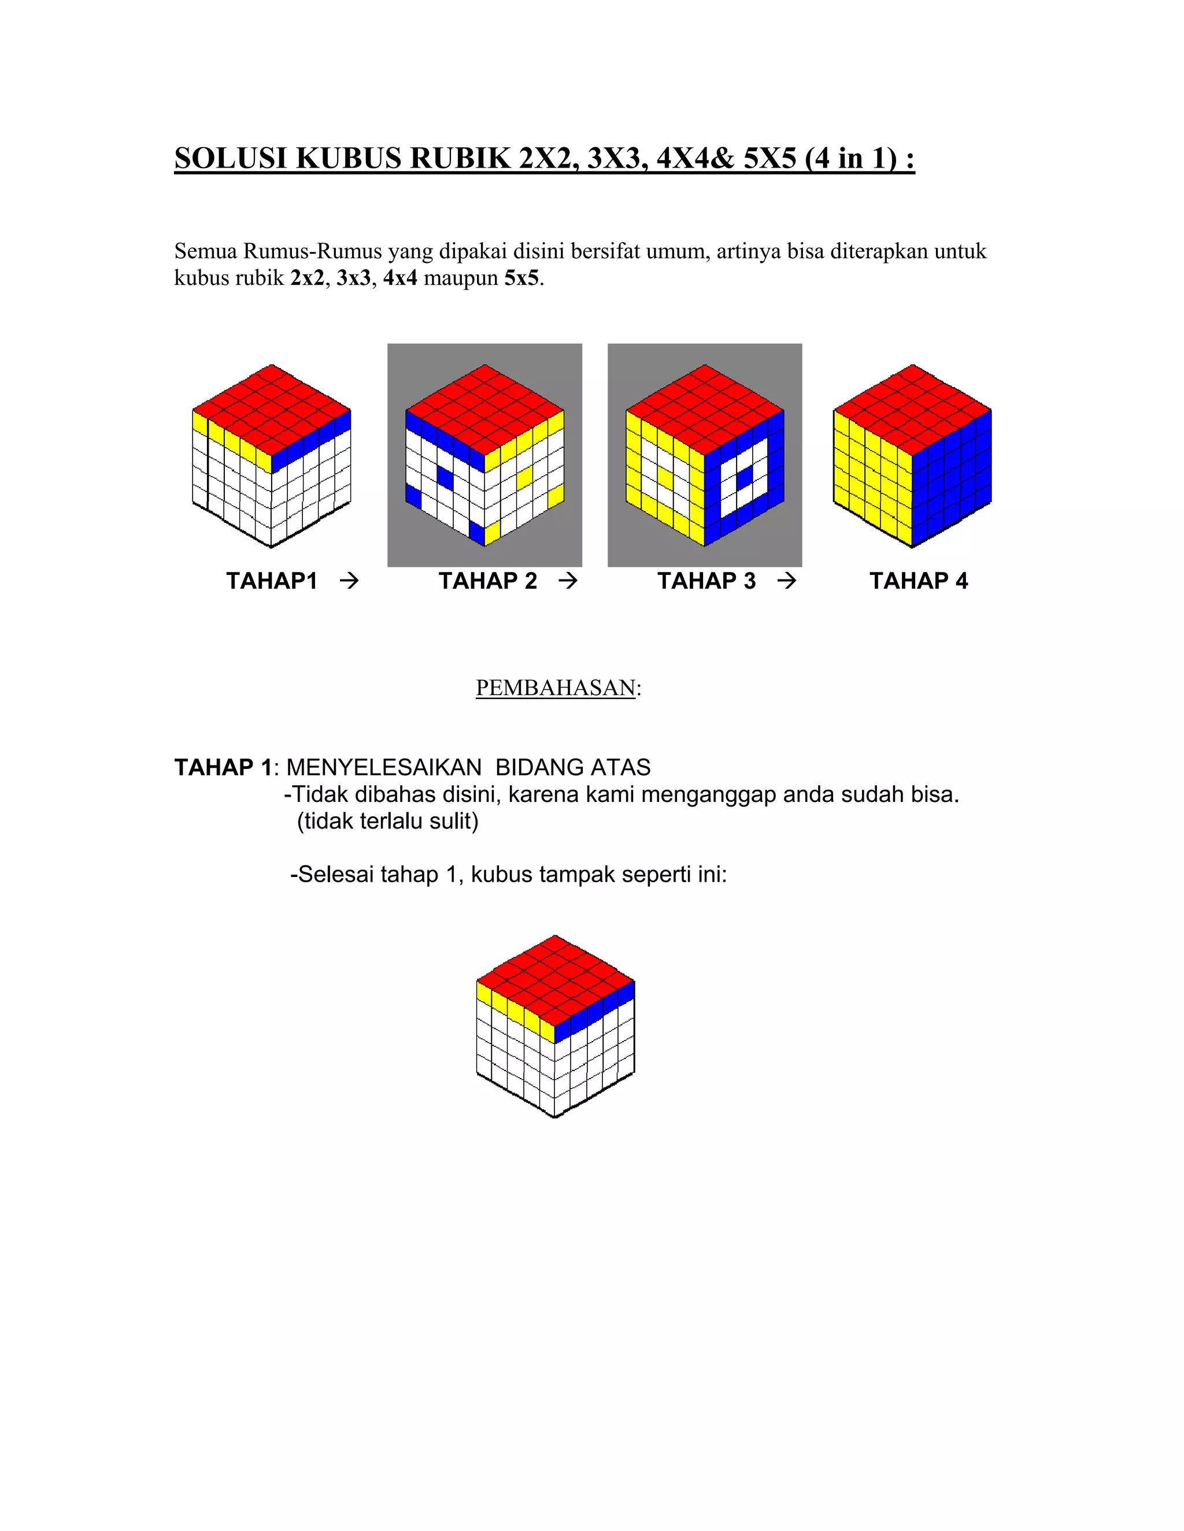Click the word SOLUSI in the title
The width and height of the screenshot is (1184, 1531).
coord(230,158)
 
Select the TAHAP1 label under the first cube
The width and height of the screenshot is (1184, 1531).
coord(272,581)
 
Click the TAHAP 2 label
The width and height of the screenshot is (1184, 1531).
coord(487,581)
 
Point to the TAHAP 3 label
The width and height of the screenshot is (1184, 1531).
coord(706,581)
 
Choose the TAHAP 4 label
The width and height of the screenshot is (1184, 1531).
coord(918,581)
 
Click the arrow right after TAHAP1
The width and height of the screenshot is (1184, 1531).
coord(349,581)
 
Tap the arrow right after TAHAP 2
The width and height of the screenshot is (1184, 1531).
coord(568,581)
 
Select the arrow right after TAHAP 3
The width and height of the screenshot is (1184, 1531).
coord(787,581)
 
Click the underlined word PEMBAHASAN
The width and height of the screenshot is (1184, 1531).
coord(556,688)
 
